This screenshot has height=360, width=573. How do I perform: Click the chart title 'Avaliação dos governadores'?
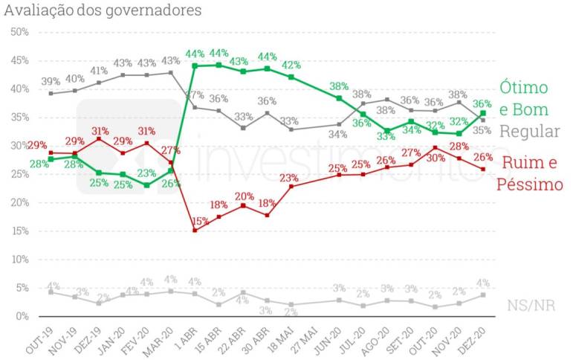102,10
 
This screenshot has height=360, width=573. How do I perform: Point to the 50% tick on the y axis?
19,32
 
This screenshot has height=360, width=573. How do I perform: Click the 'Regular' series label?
529,131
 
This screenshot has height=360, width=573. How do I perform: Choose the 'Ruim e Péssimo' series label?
531,174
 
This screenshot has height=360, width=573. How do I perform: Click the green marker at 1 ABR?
195,65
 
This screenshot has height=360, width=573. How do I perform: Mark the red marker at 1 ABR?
195,231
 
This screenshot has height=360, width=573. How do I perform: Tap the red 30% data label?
436,158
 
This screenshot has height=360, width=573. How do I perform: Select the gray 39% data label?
51,81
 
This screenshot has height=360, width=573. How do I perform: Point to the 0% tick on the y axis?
22,316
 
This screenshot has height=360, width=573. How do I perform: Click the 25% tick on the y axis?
19,174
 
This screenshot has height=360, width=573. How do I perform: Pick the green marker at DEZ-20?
483,113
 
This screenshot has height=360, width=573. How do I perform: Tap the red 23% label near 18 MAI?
289,178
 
